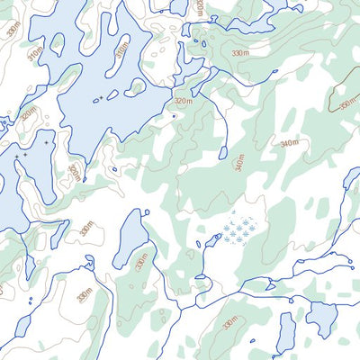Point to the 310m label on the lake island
click(x=122, y=60)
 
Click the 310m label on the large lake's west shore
click(x=34, y=56)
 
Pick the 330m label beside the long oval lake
click(x=141, y=261)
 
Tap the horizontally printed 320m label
click(x=183, y=102)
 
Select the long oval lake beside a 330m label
click(x=130, y=240)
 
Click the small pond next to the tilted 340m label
click(x=222, y=153)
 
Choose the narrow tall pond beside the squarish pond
click(x=286, y=331)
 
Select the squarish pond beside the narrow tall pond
click(x=321, y=318)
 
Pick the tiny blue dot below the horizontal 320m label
click(x=174, y=115)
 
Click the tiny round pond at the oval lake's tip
click(x=144, y=211)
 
